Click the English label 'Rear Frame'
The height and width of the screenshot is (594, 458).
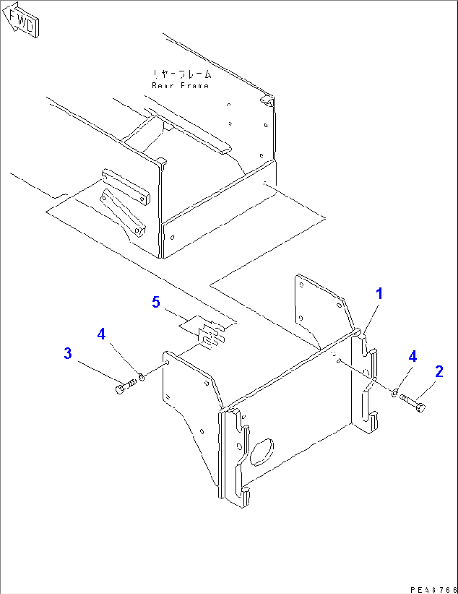[x=180, y=86]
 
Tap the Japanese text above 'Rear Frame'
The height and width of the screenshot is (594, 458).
[x=182, y=75]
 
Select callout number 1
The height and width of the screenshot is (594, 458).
[x=379, y=294]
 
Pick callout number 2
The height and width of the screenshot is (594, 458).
[x=439, y=371]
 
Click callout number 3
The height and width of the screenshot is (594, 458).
[x=68, y=353]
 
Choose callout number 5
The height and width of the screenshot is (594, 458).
[x=156, y=302]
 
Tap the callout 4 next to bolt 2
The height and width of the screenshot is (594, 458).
[x=413, y=357]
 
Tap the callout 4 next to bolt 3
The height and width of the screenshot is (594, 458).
[x=101, y=334]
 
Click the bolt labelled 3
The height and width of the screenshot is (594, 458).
[x=124, y=386]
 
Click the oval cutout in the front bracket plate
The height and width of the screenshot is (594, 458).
[x=262, y=452]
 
